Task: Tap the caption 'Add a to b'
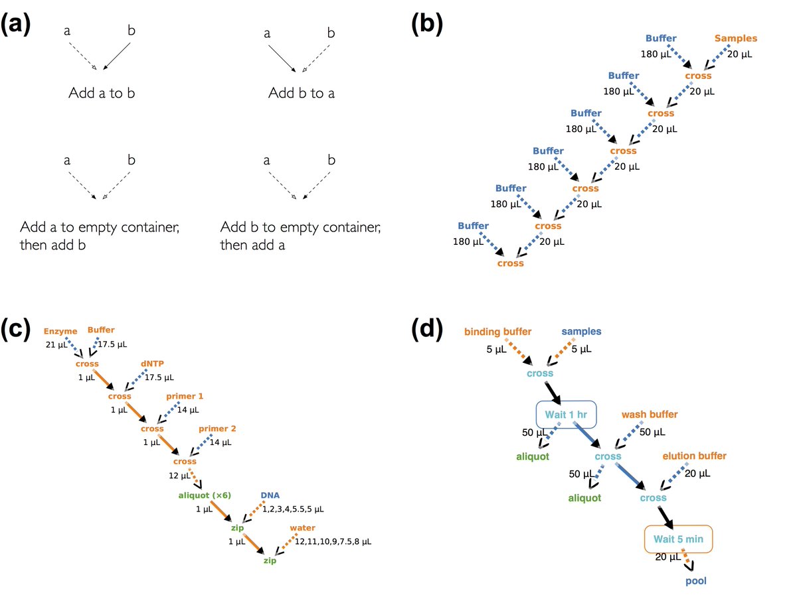[x=102, y=93]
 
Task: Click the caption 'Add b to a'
[x=302, y=93]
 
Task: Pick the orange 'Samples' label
[x=735, y=38]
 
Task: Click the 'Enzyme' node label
[x=61, y=330]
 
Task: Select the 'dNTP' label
[x=151, y=364]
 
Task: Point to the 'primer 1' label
[x=185, y=396]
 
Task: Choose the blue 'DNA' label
[x=270, y=496]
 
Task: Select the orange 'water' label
[x=302, y=528]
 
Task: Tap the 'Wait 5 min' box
[x=678, y=539]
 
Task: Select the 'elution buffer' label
[x=694, y=456]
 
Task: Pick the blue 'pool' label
[x=696, y=581]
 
